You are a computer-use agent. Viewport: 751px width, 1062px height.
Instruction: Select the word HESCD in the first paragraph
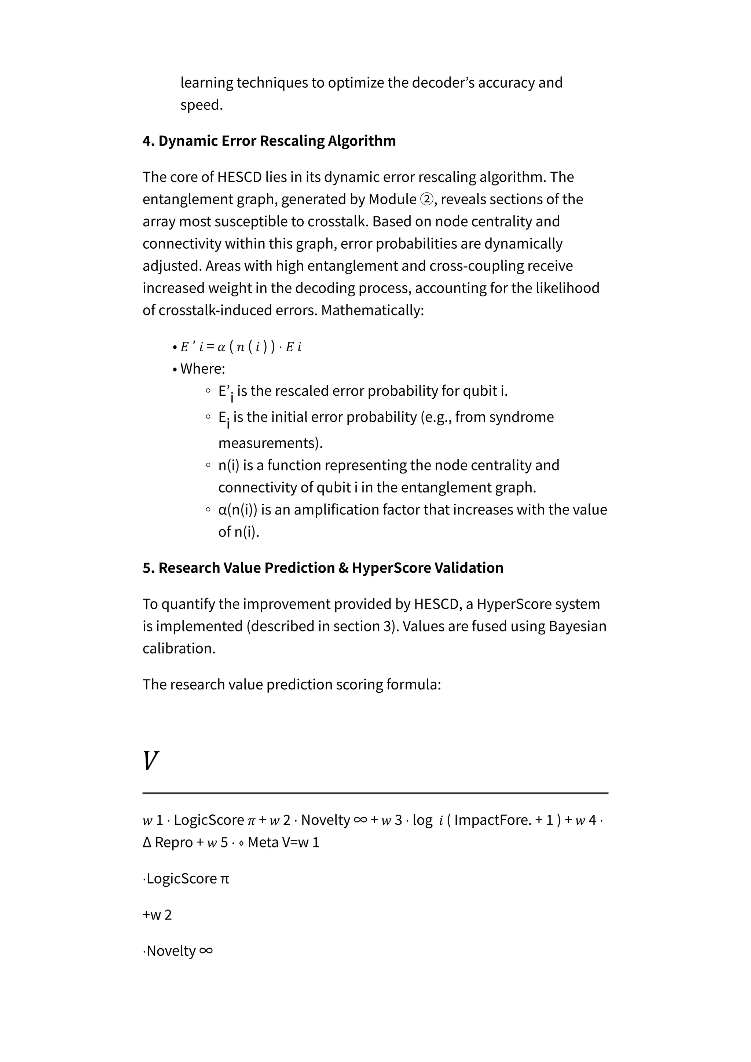point(239,177)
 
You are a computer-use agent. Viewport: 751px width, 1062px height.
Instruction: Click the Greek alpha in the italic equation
point(221,347)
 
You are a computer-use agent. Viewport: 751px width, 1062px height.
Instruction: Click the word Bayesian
point(577,626)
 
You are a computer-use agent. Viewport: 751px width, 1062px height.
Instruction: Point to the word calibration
point(178,648)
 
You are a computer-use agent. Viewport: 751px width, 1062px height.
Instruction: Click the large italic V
point(151,761)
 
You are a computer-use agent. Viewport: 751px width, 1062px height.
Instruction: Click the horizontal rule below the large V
point(375,793)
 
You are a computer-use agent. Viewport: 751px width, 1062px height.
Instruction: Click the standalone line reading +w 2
point(157,915)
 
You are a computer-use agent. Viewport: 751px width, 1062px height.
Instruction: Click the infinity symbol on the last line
point(206,951)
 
